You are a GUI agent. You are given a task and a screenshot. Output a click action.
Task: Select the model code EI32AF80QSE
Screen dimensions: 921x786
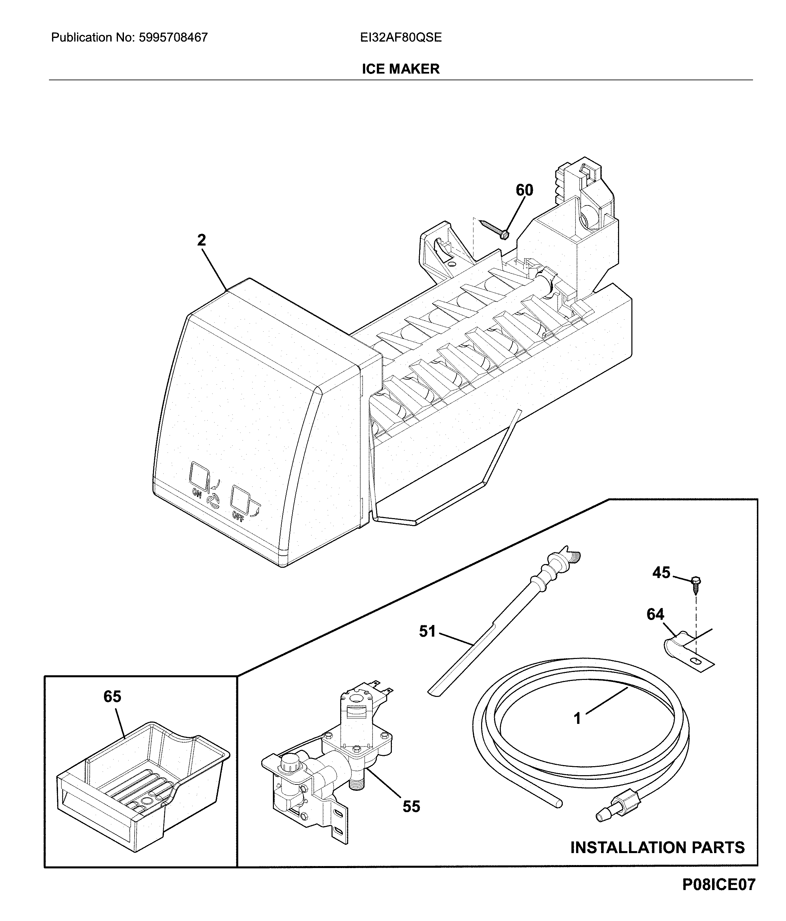(x=400, y=37)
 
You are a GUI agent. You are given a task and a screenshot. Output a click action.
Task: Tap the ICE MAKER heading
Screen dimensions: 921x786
(x=400, y=69)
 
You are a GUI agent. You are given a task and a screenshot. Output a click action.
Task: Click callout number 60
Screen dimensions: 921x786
(x=524, y=190)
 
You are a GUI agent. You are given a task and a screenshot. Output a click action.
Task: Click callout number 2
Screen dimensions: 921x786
(x=202, y=240)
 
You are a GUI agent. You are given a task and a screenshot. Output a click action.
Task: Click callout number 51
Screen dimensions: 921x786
(x=427, y=631)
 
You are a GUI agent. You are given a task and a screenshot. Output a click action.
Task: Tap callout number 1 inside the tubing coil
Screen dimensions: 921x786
(x=577, y=718)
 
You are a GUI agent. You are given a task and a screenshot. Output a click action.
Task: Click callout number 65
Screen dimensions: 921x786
(x=112, y=697)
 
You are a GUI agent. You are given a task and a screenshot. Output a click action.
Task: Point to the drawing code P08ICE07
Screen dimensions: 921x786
(x=718, y=897)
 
